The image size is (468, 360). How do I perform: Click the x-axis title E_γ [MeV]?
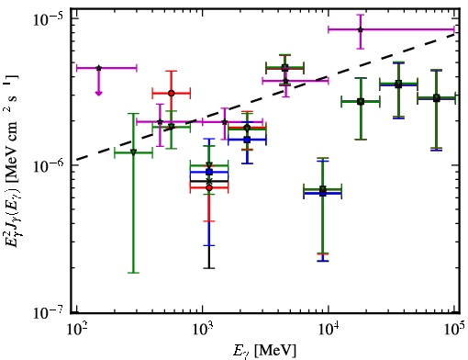click(265, 351)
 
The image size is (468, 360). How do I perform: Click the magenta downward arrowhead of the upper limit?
click(98, 93)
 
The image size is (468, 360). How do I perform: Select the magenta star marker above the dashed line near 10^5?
click(361, 29)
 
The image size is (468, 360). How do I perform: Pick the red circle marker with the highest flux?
click(172, 93)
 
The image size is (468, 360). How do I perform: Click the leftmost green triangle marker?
click(133, 152)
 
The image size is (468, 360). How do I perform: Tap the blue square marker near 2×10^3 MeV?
click(247, 140)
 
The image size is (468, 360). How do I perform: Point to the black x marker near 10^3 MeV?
click(209, 181)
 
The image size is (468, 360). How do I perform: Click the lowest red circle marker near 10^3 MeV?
click(209, 187)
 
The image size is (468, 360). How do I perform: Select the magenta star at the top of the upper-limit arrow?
click(98, 68)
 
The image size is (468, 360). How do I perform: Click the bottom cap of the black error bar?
click(209, 268)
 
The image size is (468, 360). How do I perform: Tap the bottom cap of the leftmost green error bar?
click(133, 273)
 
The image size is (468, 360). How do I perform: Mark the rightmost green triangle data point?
click(437, 98)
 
